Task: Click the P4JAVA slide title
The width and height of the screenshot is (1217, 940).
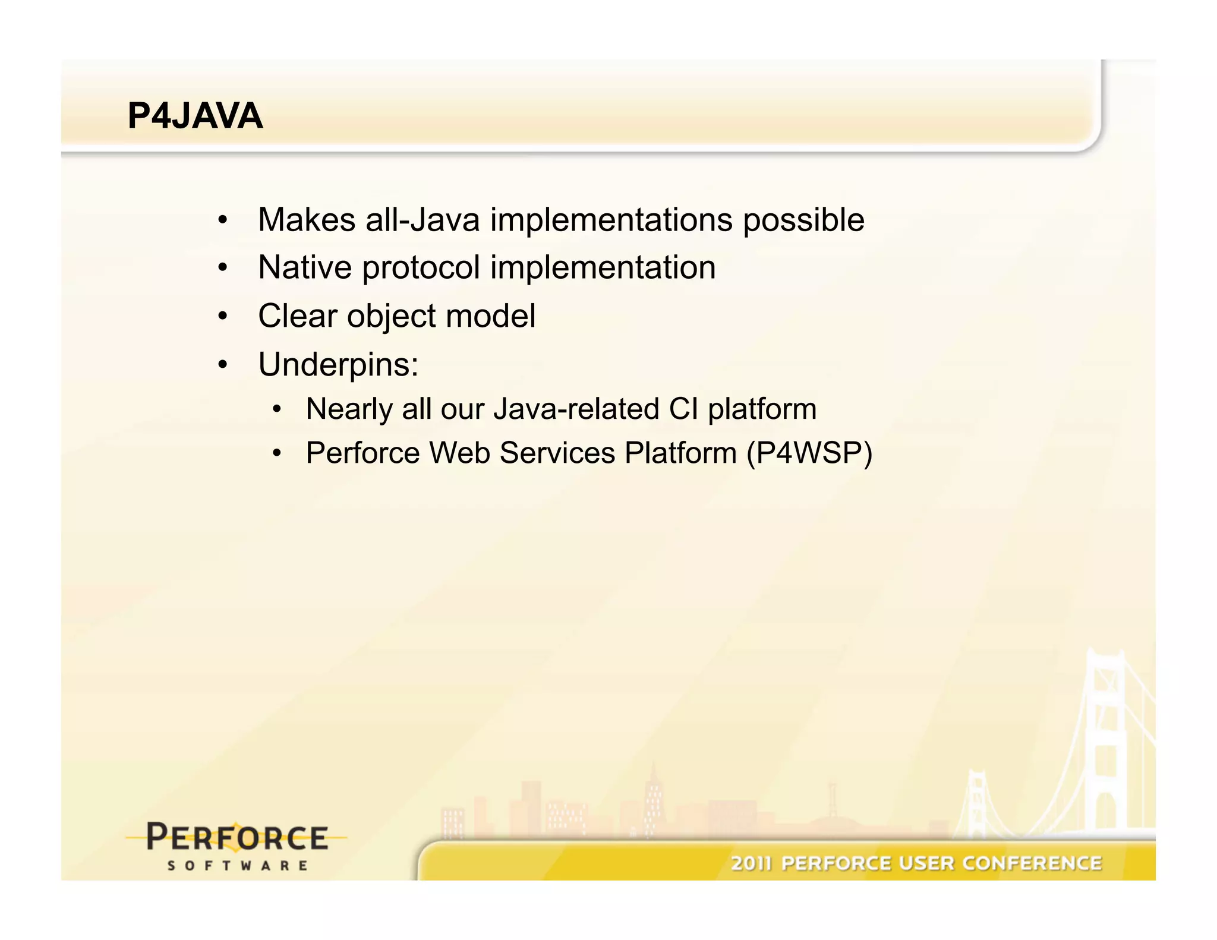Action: point(195,116)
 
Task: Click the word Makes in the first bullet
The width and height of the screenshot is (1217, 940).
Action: point(306,220)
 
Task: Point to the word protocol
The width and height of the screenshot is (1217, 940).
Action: point(421,269)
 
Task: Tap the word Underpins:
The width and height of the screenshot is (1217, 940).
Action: point(338,364)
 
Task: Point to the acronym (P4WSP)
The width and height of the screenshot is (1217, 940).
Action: point(809,453)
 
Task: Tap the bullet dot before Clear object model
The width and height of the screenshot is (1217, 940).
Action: point(222,316)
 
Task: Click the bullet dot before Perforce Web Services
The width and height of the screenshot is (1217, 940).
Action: point(276,453)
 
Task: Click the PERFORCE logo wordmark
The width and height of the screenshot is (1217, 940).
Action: point(237,838)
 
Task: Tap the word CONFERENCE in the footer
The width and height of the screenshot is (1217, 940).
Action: point(1032,863)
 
